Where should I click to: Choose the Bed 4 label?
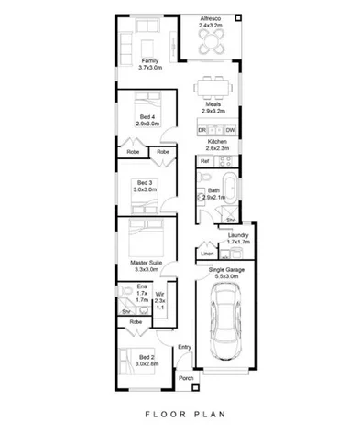147,117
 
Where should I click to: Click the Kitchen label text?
216,145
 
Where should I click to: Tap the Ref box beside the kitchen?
205,161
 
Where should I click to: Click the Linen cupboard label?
207,253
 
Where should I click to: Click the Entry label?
184,346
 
